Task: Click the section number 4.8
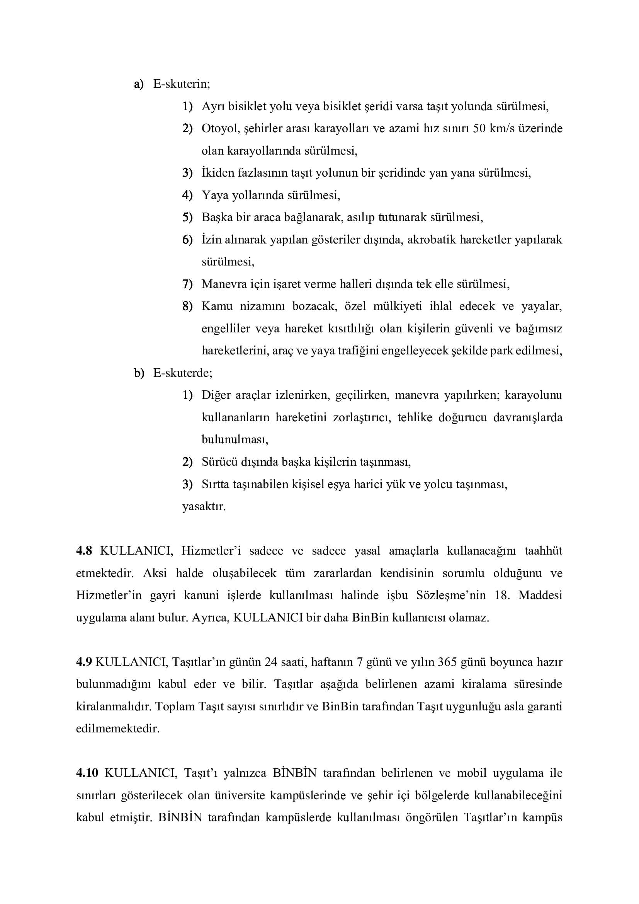pos(84,551)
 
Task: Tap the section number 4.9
pos(84,662)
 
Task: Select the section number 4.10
pos(87,773)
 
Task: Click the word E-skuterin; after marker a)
pos(182,84)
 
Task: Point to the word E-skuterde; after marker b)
pos(183,373)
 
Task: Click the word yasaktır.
pos(204,506)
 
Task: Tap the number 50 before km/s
pos(479,128)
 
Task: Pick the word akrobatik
pos(432,239)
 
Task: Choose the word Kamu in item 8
pos(217,306)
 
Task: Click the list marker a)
pos(139,84)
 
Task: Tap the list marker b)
pos(139,373)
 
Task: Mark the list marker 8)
pos(187,306)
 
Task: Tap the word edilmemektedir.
pos(118,729)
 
